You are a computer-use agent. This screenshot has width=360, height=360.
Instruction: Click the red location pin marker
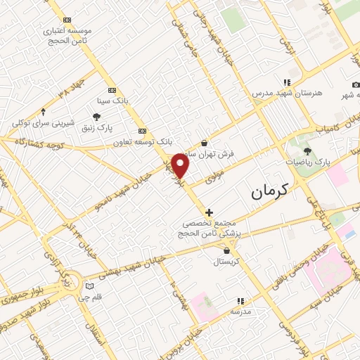(x=181, y=166)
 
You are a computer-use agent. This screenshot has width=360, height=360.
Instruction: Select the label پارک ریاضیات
(x=307, y=162)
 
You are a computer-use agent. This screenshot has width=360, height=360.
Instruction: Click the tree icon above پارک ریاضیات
(x=307, y=150)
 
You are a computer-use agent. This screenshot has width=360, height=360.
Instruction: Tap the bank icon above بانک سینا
(x=112, y=91)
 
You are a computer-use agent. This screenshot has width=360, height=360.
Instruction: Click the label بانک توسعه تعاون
(x=143, y=142)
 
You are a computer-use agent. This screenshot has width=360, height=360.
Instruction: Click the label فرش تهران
(x=213, y=153)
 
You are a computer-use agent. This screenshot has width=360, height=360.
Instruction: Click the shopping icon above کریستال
(x=226, y=250)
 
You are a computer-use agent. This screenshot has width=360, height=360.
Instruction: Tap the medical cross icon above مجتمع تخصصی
(x=208, y=212)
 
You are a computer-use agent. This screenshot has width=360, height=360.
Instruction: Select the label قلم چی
(x=92, y=297)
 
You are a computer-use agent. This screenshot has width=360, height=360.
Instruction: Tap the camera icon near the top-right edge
(x=356, y=85)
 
